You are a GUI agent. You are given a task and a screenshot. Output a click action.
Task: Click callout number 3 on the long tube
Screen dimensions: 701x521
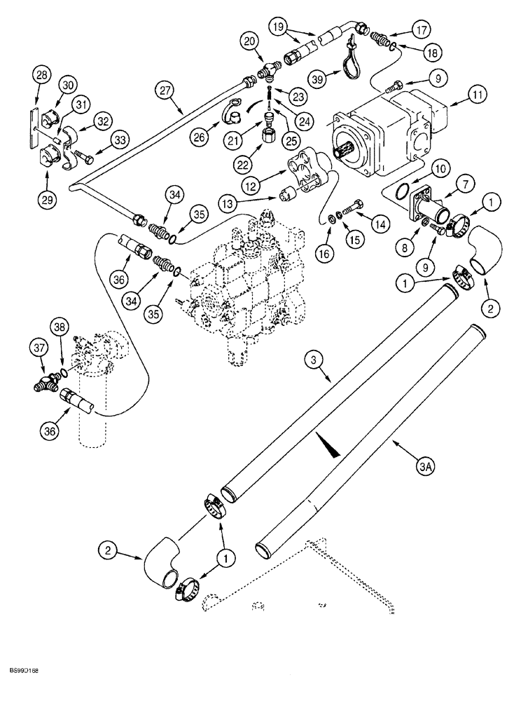coord(316,360)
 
